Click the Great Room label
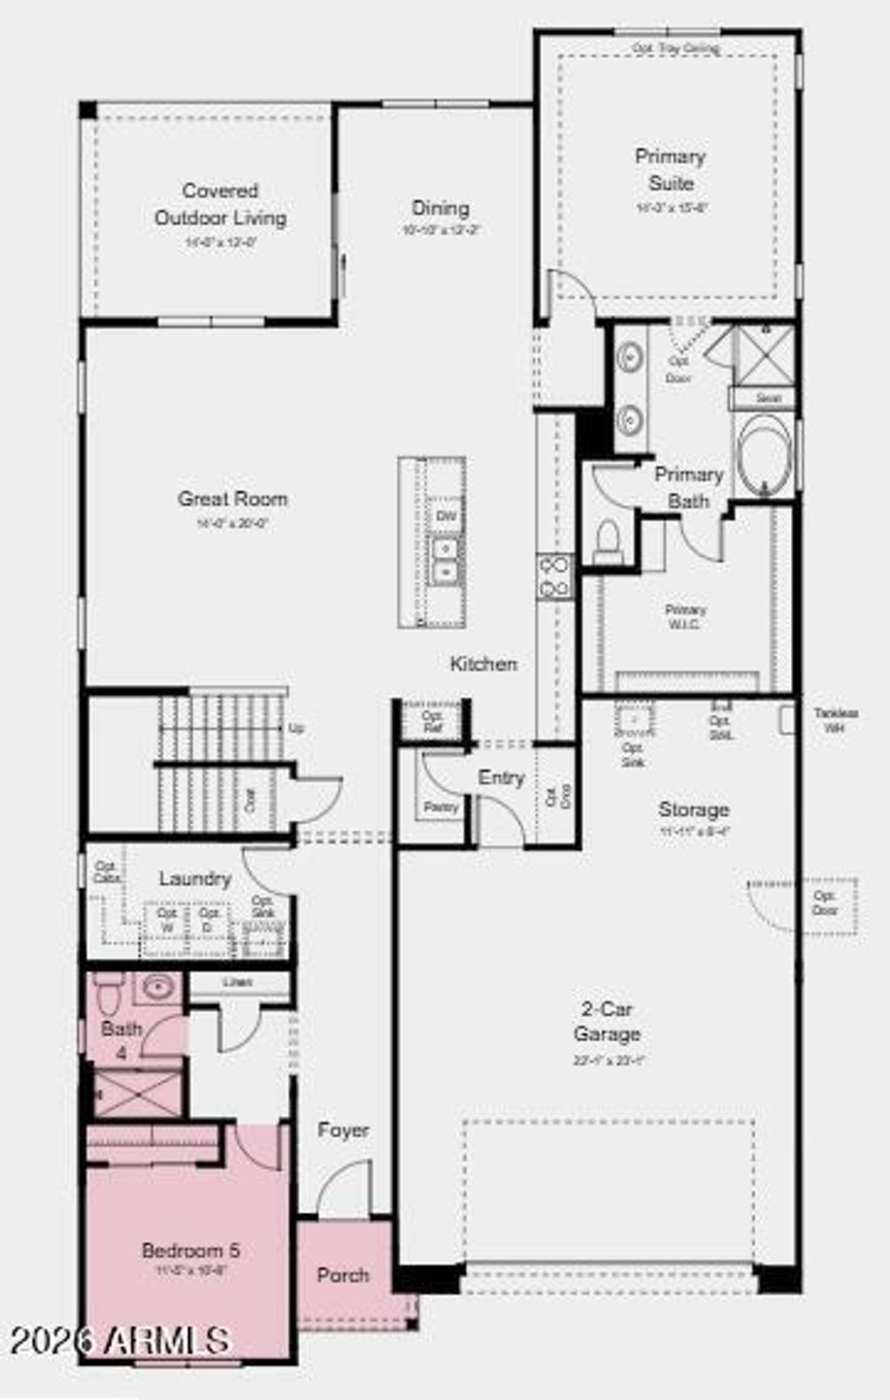point(232,499)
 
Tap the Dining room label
point(440,208)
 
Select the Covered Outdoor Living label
point(220,203)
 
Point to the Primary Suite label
point(670,169)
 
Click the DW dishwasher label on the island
point(446,516)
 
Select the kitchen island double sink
point(446,561)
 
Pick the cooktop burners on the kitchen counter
point(555,577)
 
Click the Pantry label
point(442,807)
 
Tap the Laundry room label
point(195,879)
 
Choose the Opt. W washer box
point(167,920)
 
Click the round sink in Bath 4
point(158,987)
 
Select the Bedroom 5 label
point(190,1251)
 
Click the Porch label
point(343,1275)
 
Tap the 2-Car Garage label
point(607,1022)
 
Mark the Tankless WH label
point(835,720)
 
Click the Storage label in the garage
point(693,810)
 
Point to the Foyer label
point(343,1131)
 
